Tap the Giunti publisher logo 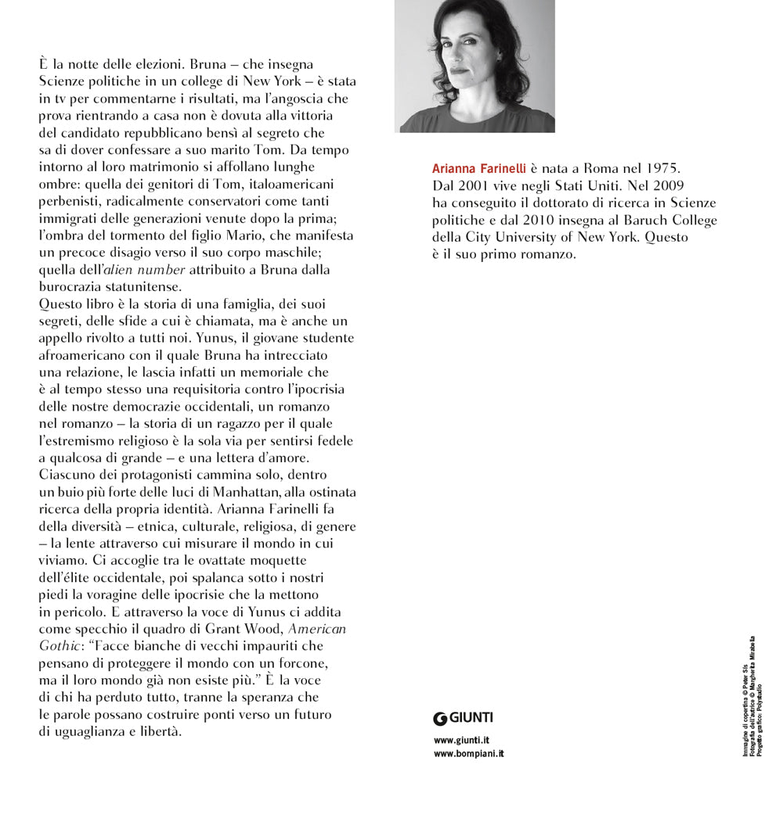[x=464, y=717]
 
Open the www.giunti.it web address [x=461, y=739]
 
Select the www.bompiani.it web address [x=468, y=753]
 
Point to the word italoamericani [x=284, y=184]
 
